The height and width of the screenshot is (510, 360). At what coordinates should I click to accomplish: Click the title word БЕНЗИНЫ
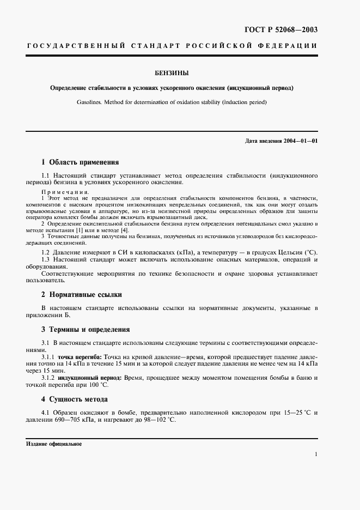180,72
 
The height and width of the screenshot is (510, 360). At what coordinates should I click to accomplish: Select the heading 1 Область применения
80,162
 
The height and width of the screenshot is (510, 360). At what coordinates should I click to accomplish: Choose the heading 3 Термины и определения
86,330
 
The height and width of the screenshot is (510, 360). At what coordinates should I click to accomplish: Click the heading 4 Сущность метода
75,399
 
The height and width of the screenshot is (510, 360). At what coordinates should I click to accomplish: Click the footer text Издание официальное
53,444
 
